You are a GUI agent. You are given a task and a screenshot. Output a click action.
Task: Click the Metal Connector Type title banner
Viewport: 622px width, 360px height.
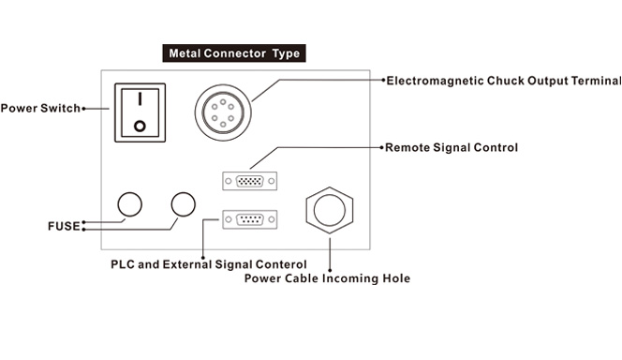pos(234,53)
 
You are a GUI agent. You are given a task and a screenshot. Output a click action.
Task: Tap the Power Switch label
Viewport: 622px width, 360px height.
pos(40,109)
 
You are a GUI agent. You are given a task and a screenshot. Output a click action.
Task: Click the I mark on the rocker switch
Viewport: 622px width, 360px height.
pos(140,99)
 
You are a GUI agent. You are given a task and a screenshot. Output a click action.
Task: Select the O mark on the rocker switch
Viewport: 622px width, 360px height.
pos(140,127)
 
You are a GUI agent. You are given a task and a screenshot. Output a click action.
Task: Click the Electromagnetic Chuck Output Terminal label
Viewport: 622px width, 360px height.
pos(504,81)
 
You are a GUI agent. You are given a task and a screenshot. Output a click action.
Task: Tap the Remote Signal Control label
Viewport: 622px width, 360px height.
pos(452,147)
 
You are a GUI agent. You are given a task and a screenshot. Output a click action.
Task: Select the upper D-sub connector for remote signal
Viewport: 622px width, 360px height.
pos(249,181)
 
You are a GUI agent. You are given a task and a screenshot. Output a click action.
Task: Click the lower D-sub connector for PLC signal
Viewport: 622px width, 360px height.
pos(249,219)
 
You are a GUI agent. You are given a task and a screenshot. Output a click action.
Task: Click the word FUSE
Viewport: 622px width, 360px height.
pos(64,226)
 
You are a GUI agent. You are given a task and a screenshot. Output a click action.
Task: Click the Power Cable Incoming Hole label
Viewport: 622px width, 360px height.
pos(327,278)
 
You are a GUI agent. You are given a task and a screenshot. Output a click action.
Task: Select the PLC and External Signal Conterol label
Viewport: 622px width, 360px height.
pos(209,264)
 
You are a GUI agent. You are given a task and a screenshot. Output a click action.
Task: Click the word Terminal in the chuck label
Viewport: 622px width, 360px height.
pos(596,81)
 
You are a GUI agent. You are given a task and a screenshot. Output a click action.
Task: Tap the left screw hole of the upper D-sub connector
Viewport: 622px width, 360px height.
pos(228,181)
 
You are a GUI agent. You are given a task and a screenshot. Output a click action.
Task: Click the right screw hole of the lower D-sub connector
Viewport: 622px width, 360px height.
pos(272,219)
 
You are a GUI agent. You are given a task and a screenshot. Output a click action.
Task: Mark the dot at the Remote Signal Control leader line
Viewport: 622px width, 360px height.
pos(381,147)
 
